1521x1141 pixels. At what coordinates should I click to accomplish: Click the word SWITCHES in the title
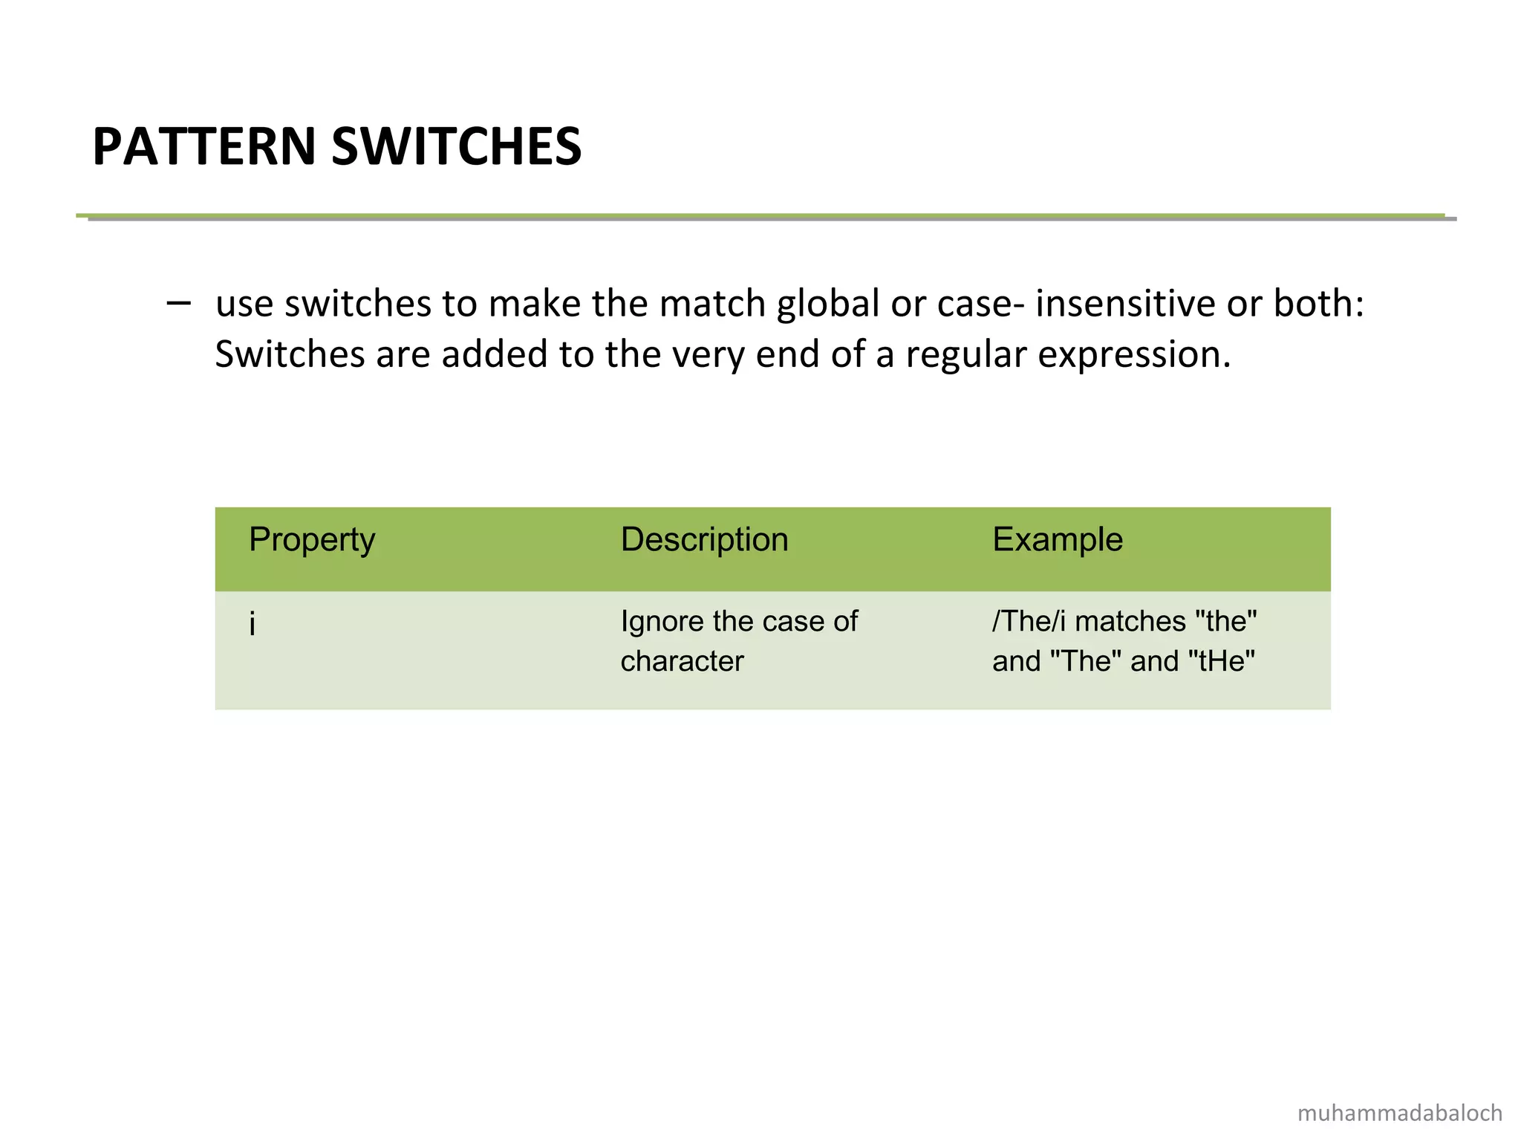click(456, 146)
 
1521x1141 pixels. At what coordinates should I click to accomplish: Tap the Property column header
click(312, 540)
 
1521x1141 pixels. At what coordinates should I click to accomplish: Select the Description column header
click(704, 540)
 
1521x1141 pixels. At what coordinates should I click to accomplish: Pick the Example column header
click(1057, 540)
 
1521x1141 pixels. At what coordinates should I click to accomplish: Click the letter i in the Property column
click(253, 625)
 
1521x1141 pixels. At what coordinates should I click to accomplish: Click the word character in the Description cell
click(682, 661)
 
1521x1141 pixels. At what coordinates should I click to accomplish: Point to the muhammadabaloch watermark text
click(1399, 1113)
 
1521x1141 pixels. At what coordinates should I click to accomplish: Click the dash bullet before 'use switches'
click(178, 302)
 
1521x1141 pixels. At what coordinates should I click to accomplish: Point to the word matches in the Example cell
click(1130, 622)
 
